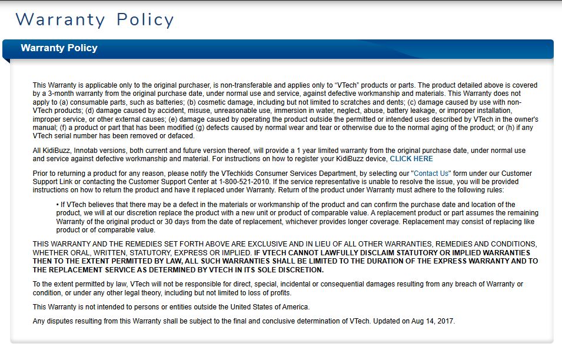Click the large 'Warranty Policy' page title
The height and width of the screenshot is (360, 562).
point(95,20)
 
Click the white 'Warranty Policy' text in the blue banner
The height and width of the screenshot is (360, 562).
point(59,48)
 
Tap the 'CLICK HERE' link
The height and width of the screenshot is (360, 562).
point(411,159)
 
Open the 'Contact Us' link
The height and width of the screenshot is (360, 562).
point(432,174)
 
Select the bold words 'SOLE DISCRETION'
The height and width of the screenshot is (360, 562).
point(288,269)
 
